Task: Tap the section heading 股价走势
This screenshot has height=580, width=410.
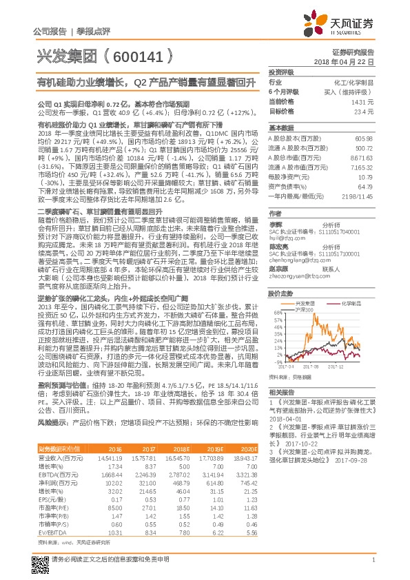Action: (x=281, y=293)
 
